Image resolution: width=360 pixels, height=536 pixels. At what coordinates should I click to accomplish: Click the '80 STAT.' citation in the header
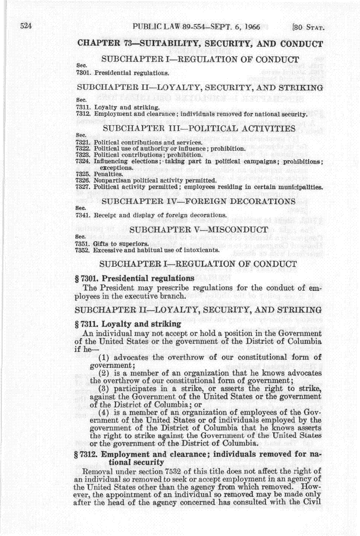309,27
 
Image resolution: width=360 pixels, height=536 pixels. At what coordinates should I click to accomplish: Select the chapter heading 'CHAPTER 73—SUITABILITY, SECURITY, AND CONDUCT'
200,43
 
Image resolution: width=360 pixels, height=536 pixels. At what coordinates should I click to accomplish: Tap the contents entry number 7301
83,72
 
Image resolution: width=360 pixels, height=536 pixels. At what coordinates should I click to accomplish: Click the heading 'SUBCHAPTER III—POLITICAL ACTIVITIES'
199,128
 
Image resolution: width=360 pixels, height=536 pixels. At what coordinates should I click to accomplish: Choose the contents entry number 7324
83,161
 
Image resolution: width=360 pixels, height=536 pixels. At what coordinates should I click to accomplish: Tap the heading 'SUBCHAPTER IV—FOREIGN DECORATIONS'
199,201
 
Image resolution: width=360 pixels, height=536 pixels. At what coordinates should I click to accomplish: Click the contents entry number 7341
83,215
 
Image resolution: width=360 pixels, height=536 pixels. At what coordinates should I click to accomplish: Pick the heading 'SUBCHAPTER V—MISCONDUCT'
199,230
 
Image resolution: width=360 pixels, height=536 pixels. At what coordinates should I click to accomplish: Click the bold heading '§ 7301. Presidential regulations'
135,278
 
